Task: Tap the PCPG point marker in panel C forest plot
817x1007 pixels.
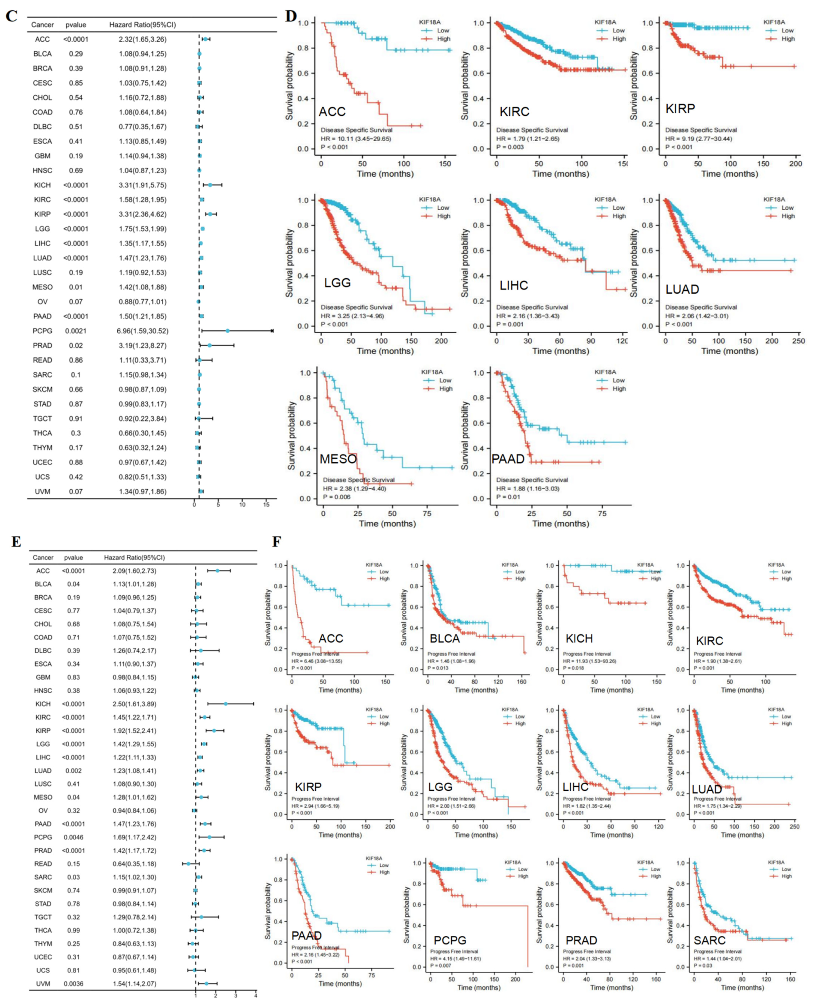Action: (227, 331)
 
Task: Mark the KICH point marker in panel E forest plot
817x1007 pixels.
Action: (226, 704)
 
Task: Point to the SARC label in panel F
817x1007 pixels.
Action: (709, 940)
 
